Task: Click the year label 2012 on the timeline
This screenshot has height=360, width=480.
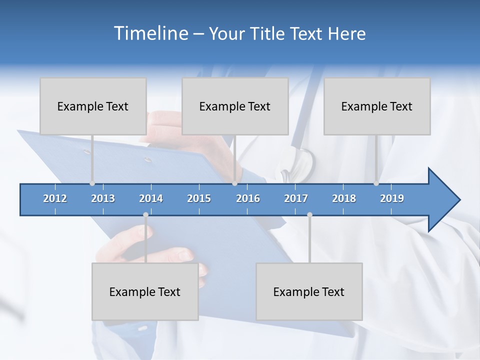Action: pyautogui.click(x=55, y=198)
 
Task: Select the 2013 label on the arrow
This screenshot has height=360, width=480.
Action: pyautogui.click(x=103, y=198)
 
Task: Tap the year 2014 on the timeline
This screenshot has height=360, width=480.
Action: pyautogui.click(x=151, y=198)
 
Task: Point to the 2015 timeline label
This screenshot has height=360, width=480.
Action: pyautogui.click(x=199, y=198)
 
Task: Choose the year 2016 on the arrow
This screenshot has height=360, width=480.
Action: pyautogui.click(x=248, y=198)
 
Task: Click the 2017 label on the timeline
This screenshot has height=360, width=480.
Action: pyautogui.click(x=296, y=198)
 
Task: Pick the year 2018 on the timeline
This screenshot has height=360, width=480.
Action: pyautogui.click(x=344, y=198)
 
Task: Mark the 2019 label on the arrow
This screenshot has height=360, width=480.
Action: pyautogui.click(x=392, y=198)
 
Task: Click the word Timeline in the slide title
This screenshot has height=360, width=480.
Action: pyautogui.click(x=150, y=33)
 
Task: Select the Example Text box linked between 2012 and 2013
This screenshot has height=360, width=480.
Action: pyautogui.click(x=93, y=106)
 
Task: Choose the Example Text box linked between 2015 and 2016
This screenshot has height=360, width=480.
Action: pyautogui.click(x=235, y=106)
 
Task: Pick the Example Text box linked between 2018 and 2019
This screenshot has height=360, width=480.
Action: pyautogui.click(x=377, y=106)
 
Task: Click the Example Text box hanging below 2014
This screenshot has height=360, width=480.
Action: pyautogui.click(x=145, y=291)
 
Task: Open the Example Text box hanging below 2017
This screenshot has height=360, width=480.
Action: pyautogui.click(x=309, y=291)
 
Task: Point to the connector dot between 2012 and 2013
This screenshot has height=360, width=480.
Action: pyautogui.click(x=92, y=183)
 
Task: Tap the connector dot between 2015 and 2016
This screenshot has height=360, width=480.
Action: pyautogui.click(x=234, y=183)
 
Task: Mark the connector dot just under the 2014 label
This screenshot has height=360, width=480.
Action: pyautogui.click(x=145, y=215)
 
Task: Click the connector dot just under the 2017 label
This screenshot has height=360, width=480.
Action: pyautogui.click(x=309, y=215)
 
